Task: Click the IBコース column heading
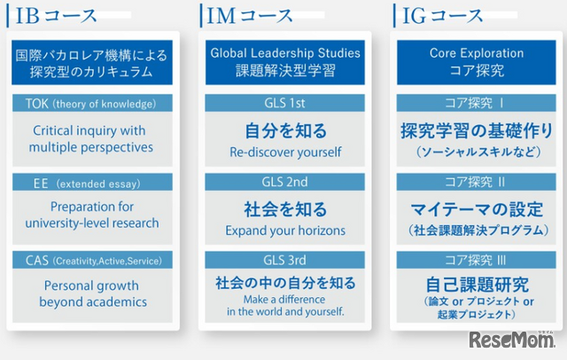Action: point(57,16)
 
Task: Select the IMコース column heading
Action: point(250,16)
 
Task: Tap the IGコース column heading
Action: point(443,16)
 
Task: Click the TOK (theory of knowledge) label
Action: point(90,104)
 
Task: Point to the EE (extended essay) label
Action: point(87,184)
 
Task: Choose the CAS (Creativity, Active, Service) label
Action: point(94,261)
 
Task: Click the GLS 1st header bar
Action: point(284,103)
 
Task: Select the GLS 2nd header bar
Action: point(284,182)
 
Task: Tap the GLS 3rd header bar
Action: point(284,260)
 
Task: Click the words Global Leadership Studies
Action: point(285,53)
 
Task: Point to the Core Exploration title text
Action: point(477,53)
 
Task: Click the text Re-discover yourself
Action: point(285,152)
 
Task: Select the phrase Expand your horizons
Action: point(285,231)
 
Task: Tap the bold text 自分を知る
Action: point(285,130)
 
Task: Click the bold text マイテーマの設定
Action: point(477,209)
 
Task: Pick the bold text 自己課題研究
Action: point(477,285)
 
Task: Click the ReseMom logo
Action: point(512,340)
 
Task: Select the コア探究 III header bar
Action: point(477,260)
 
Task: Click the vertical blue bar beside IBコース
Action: point(8,16)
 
